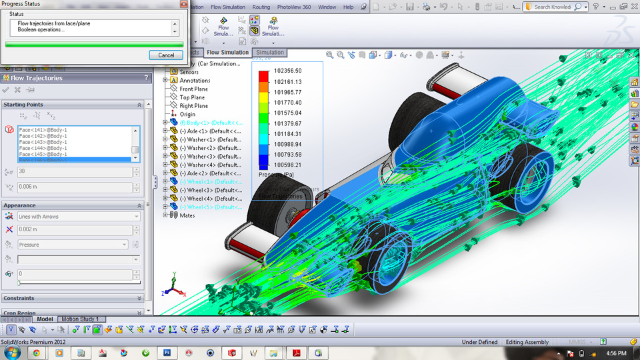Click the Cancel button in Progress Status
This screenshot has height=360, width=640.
(x=166, y=55)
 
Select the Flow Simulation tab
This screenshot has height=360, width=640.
(x=227, y=53)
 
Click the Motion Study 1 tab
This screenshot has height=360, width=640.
(x=80, y=319)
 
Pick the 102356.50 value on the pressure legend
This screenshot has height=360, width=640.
(x=288, y=71)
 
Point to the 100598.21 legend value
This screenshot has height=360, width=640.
(x=288, y=165)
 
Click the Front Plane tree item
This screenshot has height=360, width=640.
(x=193, y=89)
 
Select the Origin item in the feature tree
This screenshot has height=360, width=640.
(x=187, y=115)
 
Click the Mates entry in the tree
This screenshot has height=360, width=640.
(x=187, y=215)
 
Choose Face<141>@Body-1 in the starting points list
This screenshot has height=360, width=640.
(x=43, y=130)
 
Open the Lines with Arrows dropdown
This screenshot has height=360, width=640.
(x=79, y=217)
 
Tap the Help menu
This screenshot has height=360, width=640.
(x=349, y=7)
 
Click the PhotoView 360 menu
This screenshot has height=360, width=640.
(x=294, y=7)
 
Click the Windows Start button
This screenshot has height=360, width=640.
(x=11, y=352)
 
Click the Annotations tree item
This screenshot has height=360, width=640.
(x=195, y=81)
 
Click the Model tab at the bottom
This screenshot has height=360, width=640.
(x=45, y=319)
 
